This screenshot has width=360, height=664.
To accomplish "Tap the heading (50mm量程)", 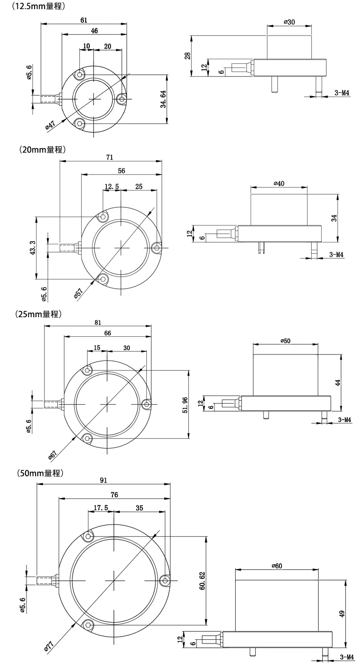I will click(38, 473).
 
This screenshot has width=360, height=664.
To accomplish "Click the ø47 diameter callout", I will click(50, 125).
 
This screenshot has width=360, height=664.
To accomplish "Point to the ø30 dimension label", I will click(289, 22).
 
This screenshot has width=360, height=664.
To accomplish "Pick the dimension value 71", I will click(109, 157).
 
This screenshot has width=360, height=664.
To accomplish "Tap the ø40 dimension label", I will click(279, 183).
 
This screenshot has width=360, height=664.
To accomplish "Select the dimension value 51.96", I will click(184, 404).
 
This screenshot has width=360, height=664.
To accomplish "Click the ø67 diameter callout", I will click(52, 454).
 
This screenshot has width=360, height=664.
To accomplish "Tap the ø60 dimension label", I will click(277, 566).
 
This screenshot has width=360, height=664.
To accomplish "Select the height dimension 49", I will click(342, 614).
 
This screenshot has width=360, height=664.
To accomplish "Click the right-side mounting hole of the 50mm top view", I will click(165, 580).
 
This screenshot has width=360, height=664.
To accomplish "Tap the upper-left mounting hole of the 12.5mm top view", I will click(81, 75).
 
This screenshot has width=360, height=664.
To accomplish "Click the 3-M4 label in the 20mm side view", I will click(336, 255).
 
